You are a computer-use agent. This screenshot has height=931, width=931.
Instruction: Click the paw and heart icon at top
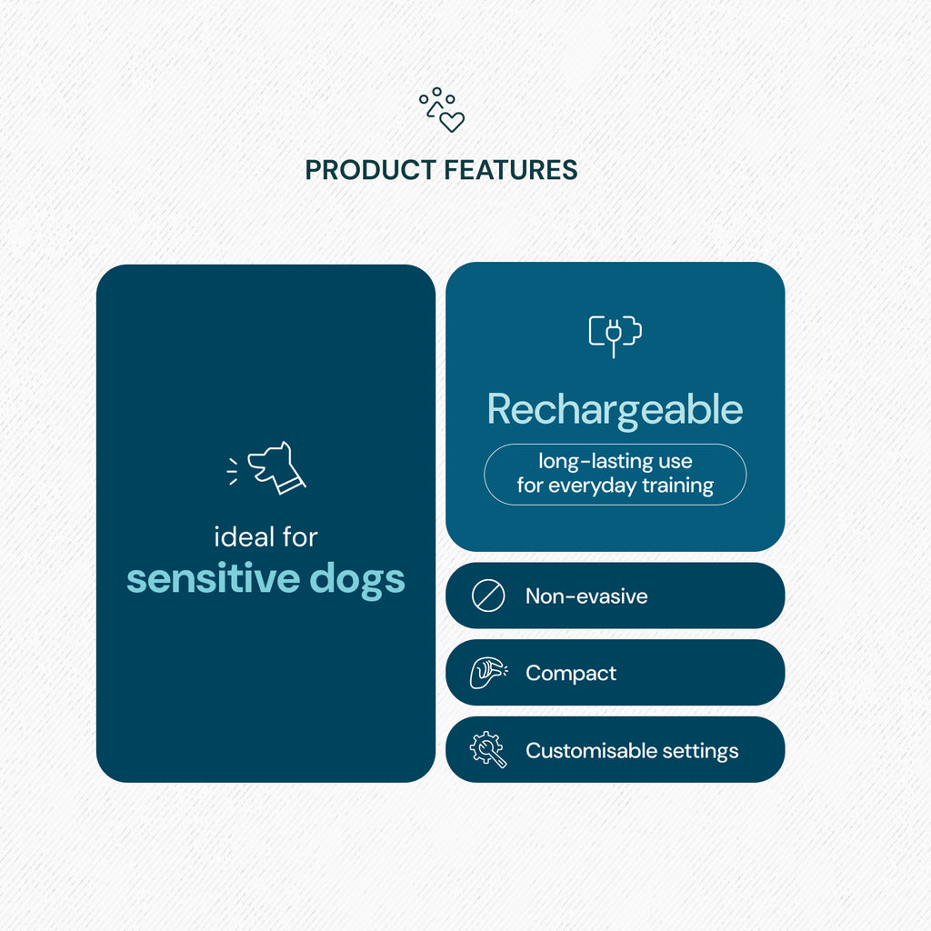pos(442,110)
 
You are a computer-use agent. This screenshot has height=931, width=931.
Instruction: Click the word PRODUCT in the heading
pos(371,170)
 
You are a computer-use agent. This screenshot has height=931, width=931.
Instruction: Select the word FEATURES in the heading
pos(511,170)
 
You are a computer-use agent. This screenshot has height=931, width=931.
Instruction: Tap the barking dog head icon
pos(276,468)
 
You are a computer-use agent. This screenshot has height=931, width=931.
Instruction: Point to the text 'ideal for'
pos(265,536)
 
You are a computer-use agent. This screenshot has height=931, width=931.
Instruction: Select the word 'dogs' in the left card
pos(357,580)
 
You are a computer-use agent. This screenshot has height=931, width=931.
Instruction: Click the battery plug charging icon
pos(616,336)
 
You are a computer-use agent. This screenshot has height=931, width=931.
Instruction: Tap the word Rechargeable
pos(616,411)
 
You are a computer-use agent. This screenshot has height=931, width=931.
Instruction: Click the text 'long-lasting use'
pos(616,461)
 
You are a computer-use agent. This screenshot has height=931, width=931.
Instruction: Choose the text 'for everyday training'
pos(616,486)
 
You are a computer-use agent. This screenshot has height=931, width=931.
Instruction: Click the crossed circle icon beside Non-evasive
pos(488,596)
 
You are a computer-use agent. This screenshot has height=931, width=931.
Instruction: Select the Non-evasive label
pos(586,596)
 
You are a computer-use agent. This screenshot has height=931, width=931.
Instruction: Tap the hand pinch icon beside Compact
pos(488,673)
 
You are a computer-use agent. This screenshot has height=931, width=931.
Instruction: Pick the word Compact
pos(571,674)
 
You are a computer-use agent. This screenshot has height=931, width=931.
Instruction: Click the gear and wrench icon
pos(488,750)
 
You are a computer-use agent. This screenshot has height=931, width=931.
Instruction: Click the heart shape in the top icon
pos(452,122)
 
